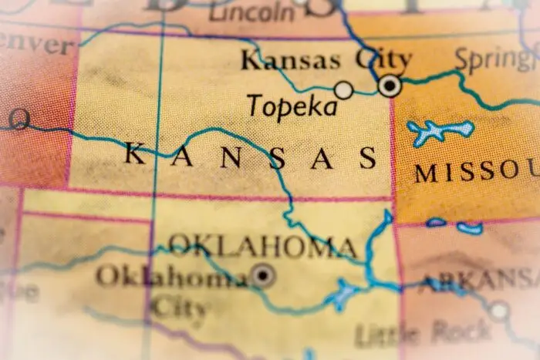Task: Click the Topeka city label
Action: click(x=292, y=105)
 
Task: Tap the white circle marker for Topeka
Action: click(x=343, y=90)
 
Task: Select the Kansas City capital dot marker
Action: click(x=390, y=85)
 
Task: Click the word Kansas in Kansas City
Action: click(x=290, y=59)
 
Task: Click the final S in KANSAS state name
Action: click(x=369, y=159)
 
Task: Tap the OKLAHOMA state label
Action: click(x=263, y=247)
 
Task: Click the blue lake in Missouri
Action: click(x=438, y=132)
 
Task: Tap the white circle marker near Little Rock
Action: click(x=500, y=311)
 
